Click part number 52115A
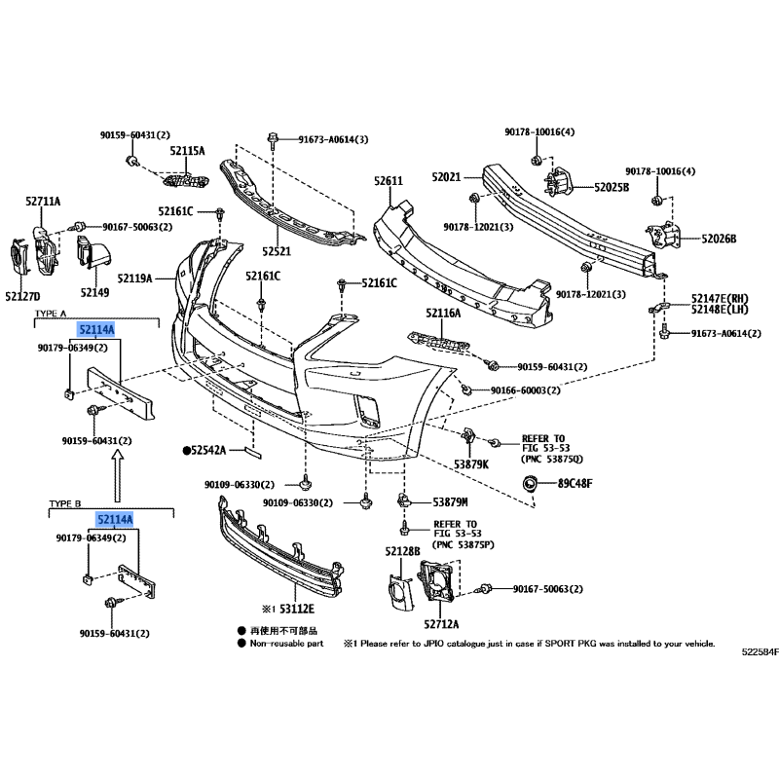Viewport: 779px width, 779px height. point(187,151)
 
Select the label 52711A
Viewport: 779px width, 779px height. point(43,202)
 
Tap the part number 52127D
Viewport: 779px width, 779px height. point(22,295)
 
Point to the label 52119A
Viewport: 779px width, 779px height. point(136,278)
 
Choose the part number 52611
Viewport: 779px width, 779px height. point(388,182)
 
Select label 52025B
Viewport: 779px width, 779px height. point(612,186)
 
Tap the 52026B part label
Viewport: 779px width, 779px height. point(719,239)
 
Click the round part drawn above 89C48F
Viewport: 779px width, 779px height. point(532,483)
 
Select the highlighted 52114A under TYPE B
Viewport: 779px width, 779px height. point(114,521)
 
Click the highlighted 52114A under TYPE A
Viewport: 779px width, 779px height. point(97,330)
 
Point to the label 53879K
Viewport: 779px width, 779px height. point(472,464)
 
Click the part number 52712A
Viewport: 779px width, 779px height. point(442,623)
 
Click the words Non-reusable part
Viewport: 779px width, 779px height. point(288,644)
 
